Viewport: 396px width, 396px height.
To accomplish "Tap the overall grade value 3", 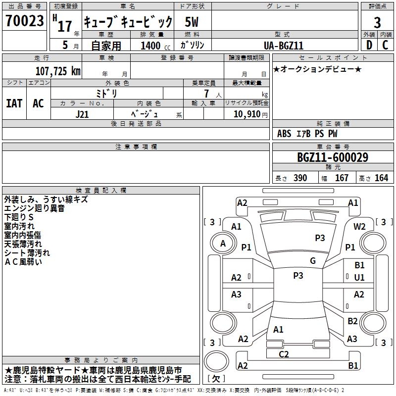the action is click(377, 23).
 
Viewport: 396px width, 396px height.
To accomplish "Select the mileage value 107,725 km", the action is click(58, 71).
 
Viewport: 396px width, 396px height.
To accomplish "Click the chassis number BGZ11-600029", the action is click(332, 158).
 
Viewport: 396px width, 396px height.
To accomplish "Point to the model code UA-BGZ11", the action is click(284, 45).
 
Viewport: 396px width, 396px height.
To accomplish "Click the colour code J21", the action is click(82, 114).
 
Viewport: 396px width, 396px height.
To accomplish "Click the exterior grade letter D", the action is click(369, 45).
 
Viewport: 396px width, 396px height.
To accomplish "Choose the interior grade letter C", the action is click(385, 45).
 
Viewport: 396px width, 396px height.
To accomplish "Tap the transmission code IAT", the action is click(14, 103).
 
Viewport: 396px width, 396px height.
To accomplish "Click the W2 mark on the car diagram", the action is click(359, 226).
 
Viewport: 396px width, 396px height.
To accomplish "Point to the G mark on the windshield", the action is click(313, 261).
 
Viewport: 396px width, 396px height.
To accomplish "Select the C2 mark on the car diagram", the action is click(284, 353).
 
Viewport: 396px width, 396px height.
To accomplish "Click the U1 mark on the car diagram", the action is click(359, 278).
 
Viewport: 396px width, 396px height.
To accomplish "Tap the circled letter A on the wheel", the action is click(223, 243).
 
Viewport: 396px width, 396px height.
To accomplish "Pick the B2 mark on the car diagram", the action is click(352, 321).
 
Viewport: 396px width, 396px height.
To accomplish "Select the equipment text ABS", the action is click(284, 134).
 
